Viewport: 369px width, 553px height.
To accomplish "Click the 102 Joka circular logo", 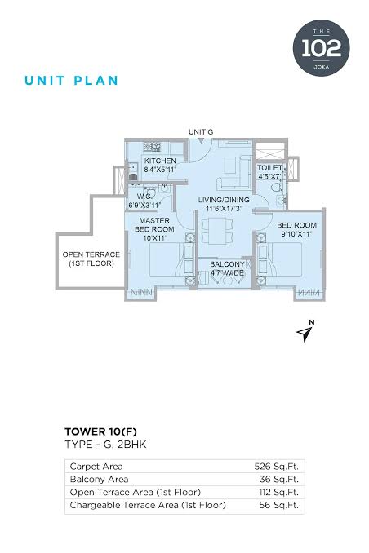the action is pos(321,47).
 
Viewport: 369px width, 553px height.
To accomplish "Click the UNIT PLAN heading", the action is pos(71,81).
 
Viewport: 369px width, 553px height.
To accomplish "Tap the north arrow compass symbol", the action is pos(305,331).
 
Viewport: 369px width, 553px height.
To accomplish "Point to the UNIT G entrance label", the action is pos(201,132).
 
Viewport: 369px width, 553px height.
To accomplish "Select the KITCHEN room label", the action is pos(160,161).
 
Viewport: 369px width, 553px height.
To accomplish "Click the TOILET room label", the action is pos(269,168).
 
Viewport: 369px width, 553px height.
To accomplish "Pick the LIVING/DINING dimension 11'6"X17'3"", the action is pos(224,209).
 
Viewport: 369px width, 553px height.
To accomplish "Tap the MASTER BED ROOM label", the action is pos(154,224).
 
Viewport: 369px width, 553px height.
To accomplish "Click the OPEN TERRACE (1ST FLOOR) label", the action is pos(91,259).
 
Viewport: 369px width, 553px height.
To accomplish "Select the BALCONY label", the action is pos(228,264).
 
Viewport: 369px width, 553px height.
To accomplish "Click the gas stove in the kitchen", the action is pos(152,147).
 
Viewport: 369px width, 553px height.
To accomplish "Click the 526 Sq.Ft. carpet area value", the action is pos(277,467).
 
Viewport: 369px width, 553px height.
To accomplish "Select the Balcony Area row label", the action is pos(100,479).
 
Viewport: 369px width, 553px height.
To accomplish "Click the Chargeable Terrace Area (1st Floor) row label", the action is pos(148,505).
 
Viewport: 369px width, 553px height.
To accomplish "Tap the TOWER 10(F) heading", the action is pos(100,431).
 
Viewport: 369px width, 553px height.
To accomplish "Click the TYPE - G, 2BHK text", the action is pos(105,444).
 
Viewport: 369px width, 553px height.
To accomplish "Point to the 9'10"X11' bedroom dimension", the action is pos(296,234).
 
